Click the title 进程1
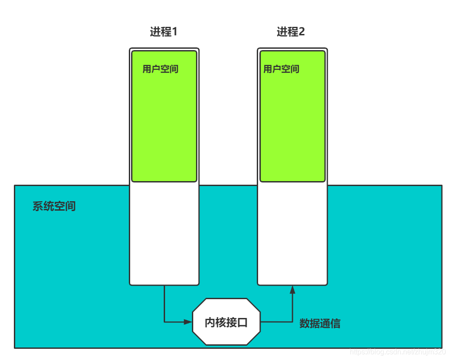[164, 32]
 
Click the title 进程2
[291, 32]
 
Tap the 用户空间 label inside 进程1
[161, 69]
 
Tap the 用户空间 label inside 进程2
[281, 69]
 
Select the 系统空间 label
[54, 206]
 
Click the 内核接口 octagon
[226, 322]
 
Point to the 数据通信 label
[320, 324]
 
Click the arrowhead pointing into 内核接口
[188, 322]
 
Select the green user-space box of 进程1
[164, 125]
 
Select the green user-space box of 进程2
[293, 125]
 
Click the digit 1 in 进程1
[174, 32]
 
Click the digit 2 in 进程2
[301, 32]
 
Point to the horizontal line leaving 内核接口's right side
[275, 322]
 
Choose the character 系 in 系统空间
[38, 206]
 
